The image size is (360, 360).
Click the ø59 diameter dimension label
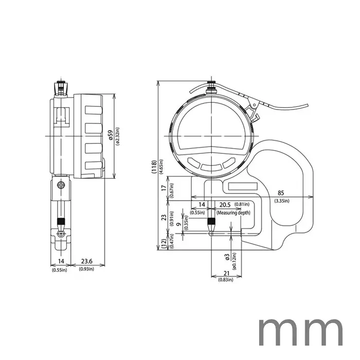click(111, 135)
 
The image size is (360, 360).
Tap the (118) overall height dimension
click(154, 167)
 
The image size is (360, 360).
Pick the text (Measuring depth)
click(233, 212)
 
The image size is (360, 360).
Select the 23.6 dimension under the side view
click(86, 261)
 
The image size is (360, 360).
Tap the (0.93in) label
click(86, 269)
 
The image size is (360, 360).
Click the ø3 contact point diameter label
click(227, 256)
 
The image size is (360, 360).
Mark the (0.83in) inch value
click(222, 280)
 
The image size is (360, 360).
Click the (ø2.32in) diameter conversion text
click(118, 135)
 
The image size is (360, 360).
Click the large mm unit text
click(299, 331)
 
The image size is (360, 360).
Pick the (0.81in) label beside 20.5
click(243, 205)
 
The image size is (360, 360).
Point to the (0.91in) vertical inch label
click(171, 218)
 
